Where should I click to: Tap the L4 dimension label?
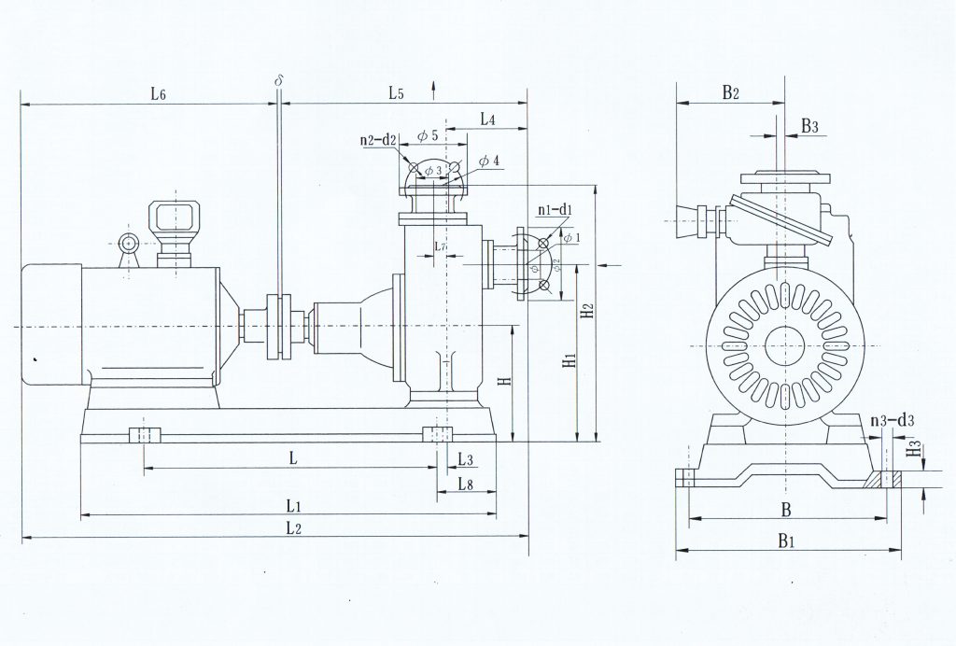point(488,119)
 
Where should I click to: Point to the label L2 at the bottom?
point(292,527)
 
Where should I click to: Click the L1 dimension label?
point(292,505)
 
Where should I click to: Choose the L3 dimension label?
point(467,458)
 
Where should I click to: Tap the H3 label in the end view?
point(915,450)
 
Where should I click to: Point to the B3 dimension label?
point(809,126)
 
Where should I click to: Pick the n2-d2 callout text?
point(379,141)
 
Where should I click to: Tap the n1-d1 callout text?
point(555,209)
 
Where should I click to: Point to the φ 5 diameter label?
point(428,136)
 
